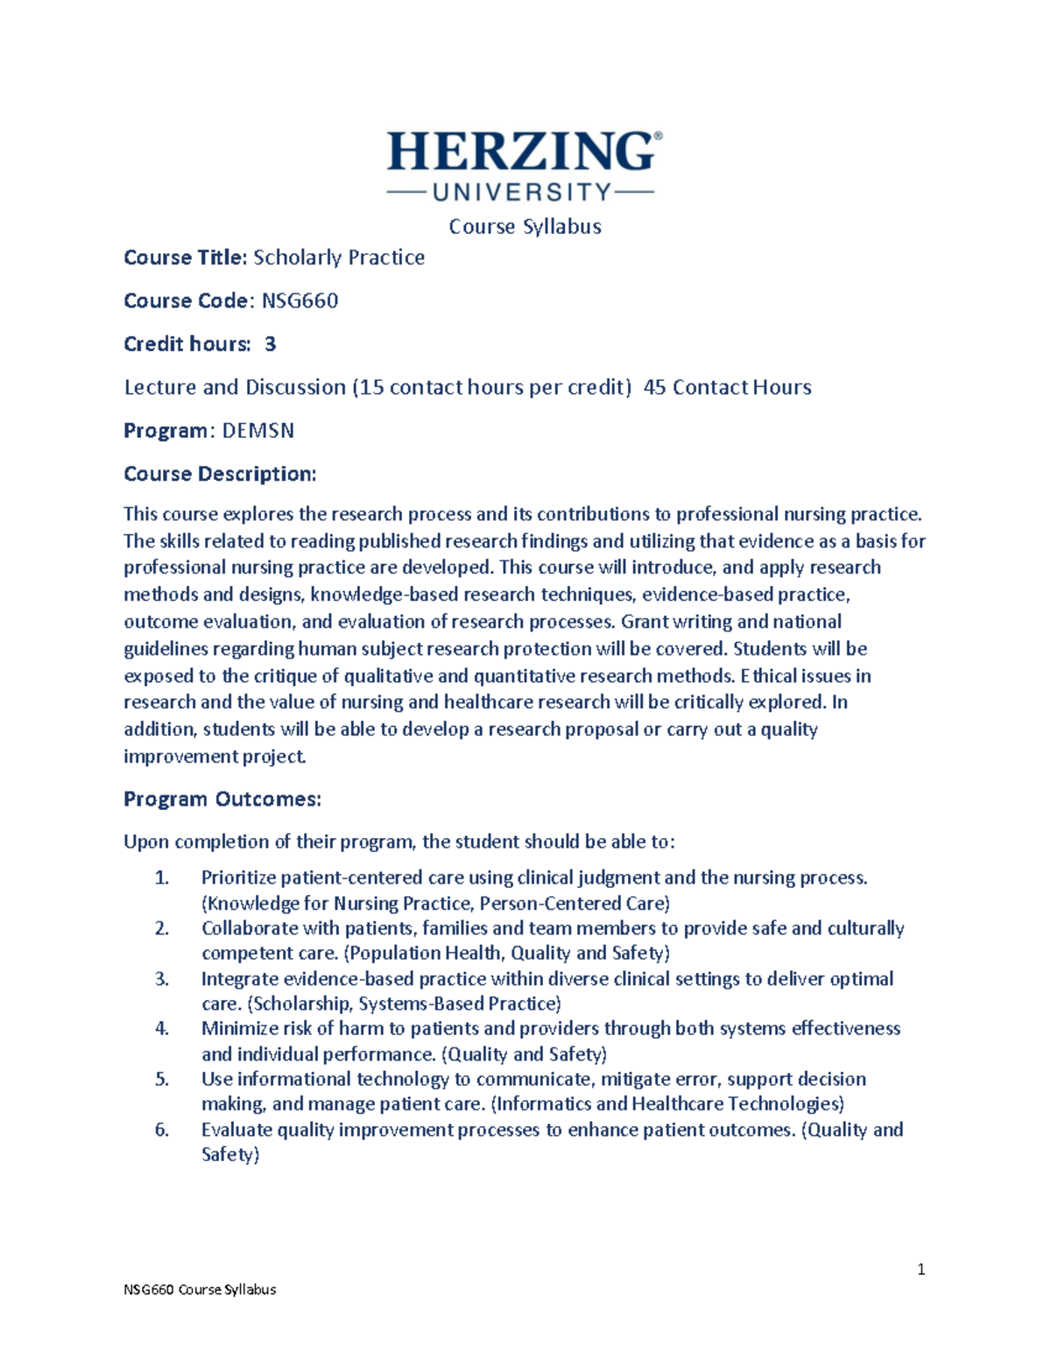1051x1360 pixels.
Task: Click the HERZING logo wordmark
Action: click(522, 152)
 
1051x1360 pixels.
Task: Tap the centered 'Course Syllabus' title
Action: click(525, 226)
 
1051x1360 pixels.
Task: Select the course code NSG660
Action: click(300, 300)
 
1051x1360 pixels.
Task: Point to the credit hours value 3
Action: click(270, 344)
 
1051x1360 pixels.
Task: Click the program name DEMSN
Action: click(257, 431)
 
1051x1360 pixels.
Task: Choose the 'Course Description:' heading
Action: click(220, 474)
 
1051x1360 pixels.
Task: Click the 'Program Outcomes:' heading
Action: click(222, 799)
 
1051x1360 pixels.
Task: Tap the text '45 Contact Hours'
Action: click(727, 387)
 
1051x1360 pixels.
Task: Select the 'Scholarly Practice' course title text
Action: click(339, 257)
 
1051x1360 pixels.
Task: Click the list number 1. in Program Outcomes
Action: click(161, 877)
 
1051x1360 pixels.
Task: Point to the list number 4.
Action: click(161, 1028)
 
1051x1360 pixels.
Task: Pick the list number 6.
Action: click(161, 1130)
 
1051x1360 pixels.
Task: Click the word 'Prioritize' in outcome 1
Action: click(238, 877)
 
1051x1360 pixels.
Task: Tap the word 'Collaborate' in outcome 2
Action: click(246, 928)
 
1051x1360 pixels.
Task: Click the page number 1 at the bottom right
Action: click(921, 1269)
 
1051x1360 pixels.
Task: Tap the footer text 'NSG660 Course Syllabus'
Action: click(200, 1289)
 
